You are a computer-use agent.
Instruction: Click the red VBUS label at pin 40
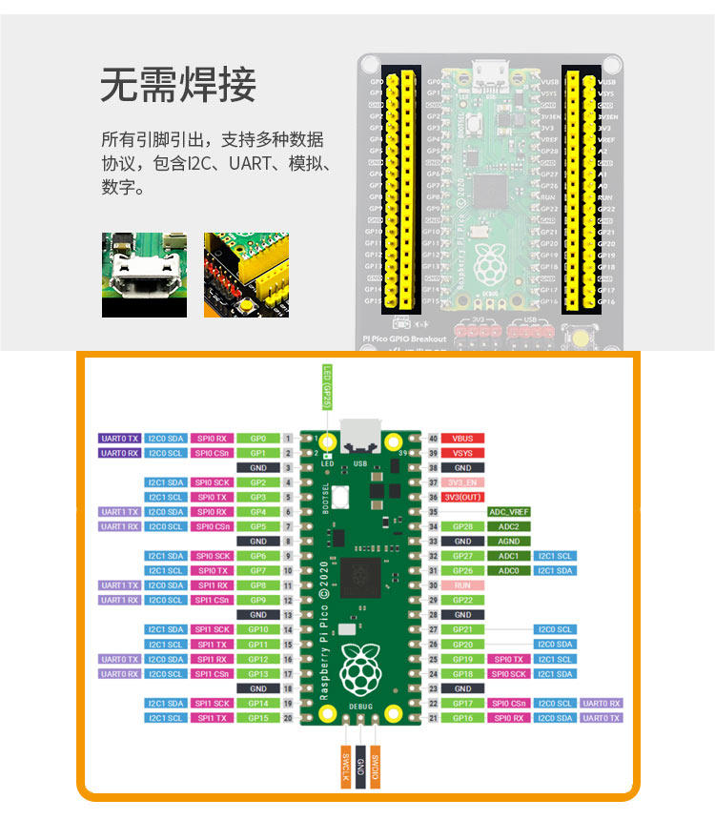[x=463, y=439]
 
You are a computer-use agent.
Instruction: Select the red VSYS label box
[x=463, y=453]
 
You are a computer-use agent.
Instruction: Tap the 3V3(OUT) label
[x=463, y=498]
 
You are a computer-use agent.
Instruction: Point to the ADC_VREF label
[x=509, y=512]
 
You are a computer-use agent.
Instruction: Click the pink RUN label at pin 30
[x=463, y=585]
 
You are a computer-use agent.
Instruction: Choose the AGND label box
[x=509, y=542]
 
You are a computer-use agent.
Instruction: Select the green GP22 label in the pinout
[x=463, y=600]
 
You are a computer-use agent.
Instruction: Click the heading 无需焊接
[x=178, y=86]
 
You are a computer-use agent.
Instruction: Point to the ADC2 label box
[x=509, y=526]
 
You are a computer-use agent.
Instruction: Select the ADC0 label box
[x=509, y=570]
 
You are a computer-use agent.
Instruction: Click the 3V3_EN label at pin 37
[x=463, y=482]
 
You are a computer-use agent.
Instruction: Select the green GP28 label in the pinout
[x=463, y=526]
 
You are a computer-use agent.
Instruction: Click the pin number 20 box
[x=287, y=718]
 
